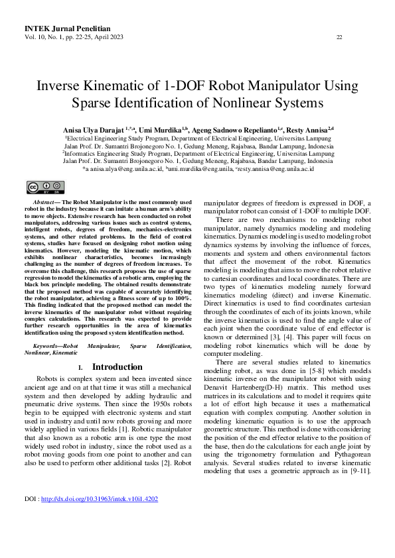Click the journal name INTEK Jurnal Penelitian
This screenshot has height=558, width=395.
tap(66, 29)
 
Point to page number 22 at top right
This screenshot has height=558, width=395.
tap(339, 37)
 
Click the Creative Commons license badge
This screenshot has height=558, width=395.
tap(40, 186)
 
